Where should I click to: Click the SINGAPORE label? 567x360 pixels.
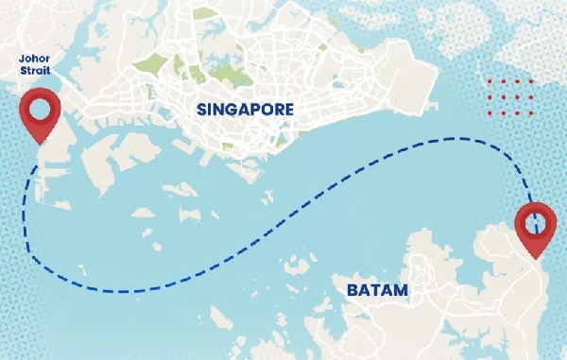pyautogui.click(x=245, y=110)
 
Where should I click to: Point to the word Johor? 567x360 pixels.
pyautogui.click(x=36, y=58)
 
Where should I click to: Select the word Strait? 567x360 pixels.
pyautogui.click(x=36, y=71)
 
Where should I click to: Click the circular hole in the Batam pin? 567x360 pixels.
pyautogui.click(x=535, y=222)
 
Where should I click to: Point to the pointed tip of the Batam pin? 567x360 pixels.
pyautogui.click(x=536, y=259)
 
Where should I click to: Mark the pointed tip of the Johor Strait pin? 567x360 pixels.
pyautogui.click(x=40, y=146)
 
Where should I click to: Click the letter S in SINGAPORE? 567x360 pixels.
pyautogui.click(x=201, y=110)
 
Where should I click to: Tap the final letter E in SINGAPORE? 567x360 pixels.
pyautogui.click(x=288, y=110)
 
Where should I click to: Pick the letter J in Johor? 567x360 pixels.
pyautogui.click(x=23, y=58)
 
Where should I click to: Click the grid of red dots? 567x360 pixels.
pyautogui.click(x=510, y=97)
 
